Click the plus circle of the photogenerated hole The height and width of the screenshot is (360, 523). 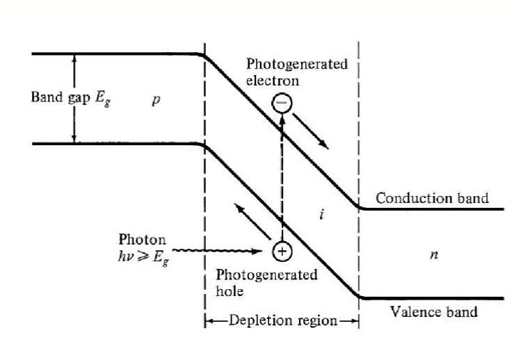point(282,251)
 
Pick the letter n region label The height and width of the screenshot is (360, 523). point(434,255)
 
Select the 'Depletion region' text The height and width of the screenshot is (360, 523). point(282,321)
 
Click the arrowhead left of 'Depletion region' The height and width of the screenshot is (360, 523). point(209,321)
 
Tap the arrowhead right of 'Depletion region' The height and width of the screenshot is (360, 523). point(354,321)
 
